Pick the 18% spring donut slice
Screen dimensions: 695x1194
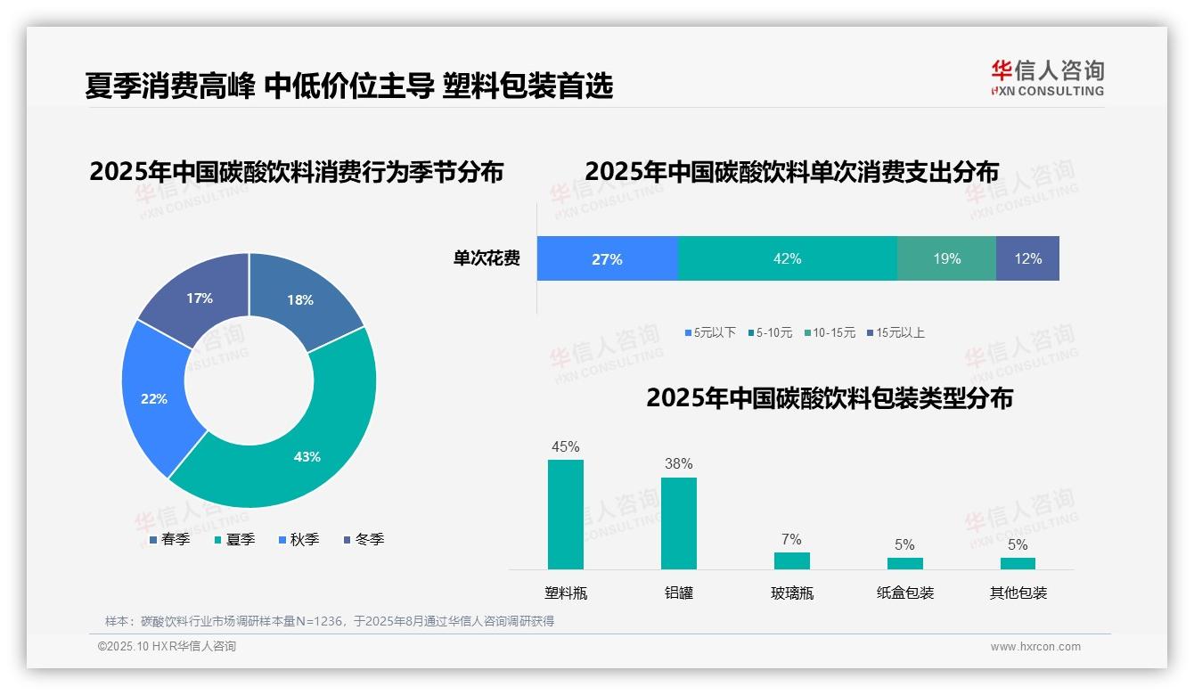tap(299, 300)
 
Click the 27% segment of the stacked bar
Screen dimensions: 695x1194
tap(607, 259)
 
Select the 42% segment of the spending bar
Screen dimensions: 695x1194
tap(787, 259)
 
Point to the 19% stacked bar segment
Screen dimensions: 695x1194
tap(946, 259)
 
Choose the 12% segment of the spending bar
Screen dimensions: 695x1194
tap(1027, 259)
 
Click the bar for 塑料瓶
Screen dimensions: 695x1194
tap(565, 514)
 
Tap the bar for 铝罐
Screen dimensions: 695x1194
tap(678, 523)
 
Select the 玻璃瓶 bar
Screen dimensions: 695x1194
tap(791, 560)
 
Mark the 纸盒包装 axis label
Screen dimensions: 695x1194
tap(904, 593)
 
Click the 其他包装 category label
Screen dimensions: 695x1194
tap(1018, 593)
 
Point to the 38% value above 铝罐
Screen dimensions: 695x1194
tap(678, 463)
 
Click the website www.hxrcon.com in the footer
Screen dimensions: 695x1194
tap(1035, 647)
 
